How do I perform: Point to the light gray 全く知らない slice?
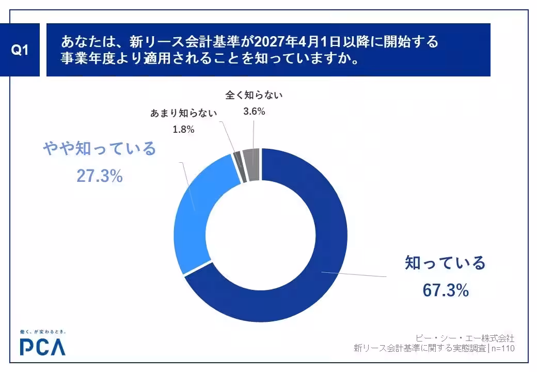click(x=251, y=164)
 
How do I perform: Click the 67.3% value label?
click(x=445, y=290)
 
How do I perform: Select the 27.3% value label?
click(x=100, y=176)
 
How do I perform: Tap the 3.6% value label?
click(x=254, y=111)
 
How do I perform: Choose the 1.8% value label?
click(x=183, y=130)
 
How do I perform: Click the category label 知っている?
click(x=445, y=263)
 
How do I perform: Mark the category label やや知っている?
click(x=99, y=149)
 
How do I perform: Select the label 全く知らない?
click(x=254, y=95)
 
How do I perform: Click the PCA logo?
click(x=43, y=347)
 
